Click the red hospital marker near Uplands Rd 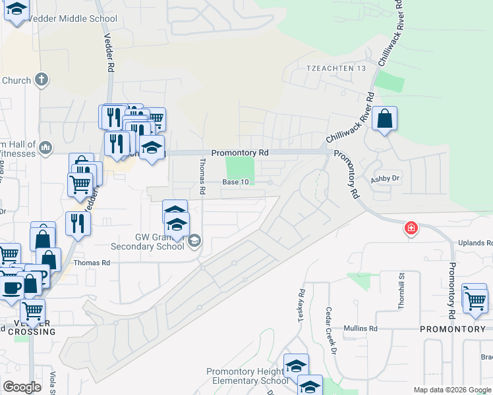coord(411,228)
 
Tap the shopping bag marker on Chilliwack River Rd coord(385,119)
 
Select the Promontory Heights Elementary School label coord(247,377)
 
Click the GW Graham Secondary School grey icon coord(194,241)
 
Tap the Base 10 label coord(236,182)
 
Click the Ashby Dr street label coord(386,178)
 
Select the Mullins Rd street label coord(363,328)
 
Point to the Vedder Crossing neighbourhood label coord(32,327)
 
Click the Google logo coord(22,387)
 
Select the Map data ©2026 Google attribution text coord(452,390)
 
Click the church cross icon coord(42,80)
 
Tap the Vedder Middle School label coord(79,19)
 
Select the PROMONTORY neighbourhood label coord(452,328)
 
